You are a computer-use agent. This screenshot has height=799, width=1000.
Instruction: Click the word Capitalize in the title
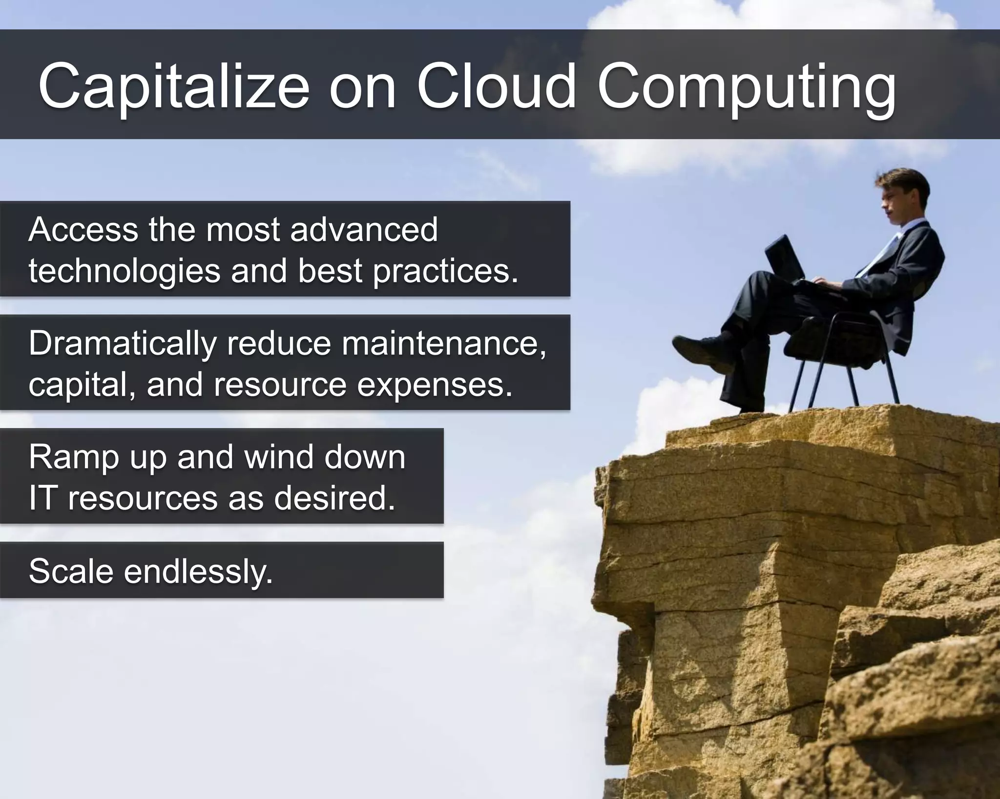point(173,87)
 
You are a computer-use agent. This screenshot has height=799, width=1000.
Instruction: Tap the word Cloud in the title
point(496,87)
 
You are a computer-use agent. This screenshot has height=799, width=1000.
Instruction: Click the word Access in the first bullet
point(83,229)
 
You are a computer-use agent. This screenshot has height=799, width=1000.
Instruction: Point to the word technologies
point(124,271)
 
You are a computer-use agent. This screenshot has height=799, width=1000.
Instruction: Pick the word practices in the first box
point(445,271)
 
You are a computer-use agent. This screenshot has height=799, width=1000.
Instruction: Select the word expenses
point(435,385)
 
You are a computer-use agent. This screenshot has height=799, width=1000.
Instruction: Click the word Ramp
point(74,458)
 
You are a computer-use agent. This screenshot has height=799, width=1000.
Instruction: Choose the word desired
point(334,499)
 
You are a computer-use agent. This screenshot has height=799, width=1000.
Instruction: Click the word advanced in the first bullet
point(364,229)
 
